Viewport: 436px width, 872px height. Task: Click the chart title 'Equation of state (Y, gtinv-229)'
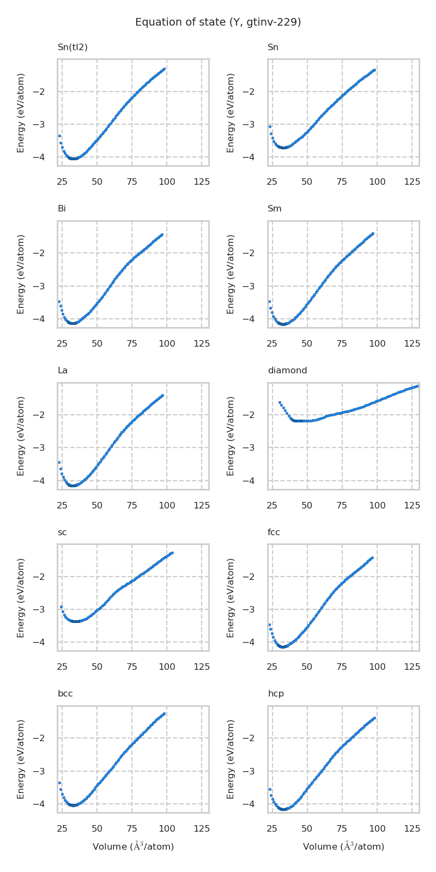coord(218,22)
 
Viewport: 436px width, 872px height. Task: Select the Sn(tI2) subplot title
coord(72,47)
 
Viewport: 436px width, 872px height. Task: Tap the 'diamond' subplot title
coord(287,371)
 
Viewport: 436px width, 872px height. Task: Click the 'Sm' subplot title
coord(274,209)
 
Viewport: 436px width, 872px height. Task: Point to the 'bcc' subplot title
coord(65,694)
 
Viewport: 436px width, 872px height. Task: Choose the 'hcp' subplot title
coord(275,694)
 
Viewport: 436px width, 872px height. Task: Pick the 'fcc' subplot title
coord(274,532)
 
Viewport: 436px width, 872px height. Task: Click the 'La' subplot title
coord(63,371)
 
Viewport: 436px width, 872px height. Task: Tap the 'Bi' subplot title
coord(62,209)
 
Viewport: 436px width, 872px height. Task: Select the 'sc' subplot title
coord(62,532)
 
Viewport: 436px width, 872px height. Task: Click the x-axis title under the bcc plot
coord(133,846)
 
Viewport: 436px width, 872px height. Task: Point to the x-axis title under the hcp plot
coord(343,846)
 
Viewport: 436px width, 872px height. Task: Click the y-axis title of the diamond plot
coord(231,436)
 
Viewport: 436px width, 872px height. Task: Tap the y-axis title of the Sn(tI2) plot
coord(21,112)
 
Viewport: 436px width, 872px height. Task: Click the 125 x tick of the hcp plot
coord(411,828)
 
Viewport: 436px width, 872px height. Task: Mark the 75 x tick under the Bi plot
coord(132,343)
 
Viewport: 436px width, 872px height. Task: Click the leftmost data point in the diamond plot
coord(280,403)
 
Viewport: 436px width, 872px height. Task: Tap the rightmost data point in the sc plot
coord(172,553)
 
